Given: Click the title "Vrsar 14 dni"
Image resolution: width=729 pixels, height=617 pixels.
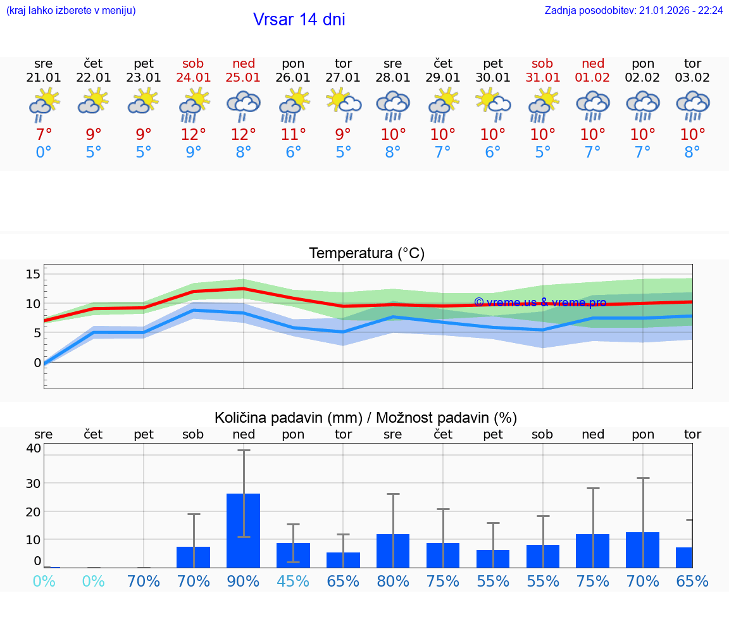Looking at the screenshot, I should (x=299, y=20).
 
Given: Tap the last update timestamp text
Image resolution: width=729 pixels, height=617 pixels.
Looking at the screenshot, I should (x=633, y=11).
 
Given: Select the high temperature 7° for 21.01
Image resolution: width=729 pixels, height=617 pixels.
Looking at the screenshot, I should (x=44, y=135).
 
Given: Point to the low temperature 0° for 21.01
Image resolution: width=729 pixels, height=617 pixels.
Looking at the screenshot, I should (x=44, y=153).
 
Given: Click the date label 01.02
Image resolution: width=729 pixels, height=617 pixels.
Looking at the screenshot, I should (x=592, y=78).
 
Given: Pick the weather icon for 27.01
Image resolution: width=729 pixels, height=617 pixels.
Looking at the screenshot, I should (x=344, y=104).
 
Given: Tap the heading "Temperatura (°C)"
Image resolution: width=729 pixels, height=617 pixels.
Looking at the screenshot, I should (x=366, y=254).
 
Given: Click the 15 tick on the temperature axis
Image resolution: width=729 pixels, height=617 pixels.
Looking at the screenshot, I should (x=33, y=273).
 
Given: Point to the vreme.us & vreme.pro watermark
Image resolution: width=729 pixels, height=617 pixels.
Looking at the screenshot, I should (x=540, y=302).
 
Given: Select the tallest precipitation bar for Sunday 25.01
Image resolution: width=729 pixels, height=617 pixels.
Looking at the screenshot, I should (x=244, y=530).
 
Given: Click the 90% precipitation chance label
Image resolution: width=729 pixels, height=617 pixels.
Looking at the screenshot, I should (x=244, y=582).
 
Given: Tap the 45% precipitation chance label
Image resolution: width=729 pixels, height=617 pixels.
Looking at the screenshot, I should (x=293, y=582).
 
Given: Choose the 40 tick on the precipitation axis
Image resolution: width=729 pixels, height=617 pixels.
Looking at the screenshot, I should (x=33, y=448).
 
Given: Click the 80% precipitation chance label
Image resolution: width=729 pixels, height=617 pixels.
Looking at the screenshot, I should (x=393, y=582).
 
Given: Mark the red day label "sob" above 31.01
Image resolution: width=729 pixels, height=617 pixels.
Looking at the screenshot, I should (x=542, y=63).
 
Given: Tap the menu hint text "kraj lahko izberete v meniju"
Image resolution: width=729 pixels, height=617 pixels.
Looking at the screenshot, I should (x=71, y=11).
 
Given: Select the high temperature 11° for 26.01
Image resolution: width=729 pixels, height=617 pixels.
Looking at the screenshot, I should (x=293, y=135).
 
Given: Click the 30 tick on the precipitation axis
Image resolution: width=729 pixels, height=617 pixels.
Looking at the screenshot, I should (x=33, y=483).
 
